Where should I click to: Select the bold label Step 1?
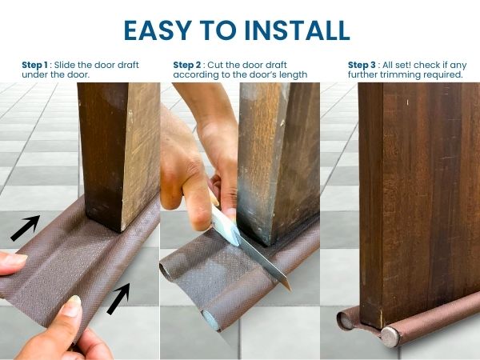35,65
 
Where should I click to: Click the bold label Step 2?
187,65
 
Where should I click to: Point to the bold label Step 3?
362,65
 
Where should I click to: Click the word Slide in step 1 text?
65,65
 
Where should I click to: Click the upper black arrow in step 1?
26,227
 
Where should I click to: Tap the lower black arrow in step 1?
118,298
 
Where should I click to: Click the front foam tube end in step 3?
390,338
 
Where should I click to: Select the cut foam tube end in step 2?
211,319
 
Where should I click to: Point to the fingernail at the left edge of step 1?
15,259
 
